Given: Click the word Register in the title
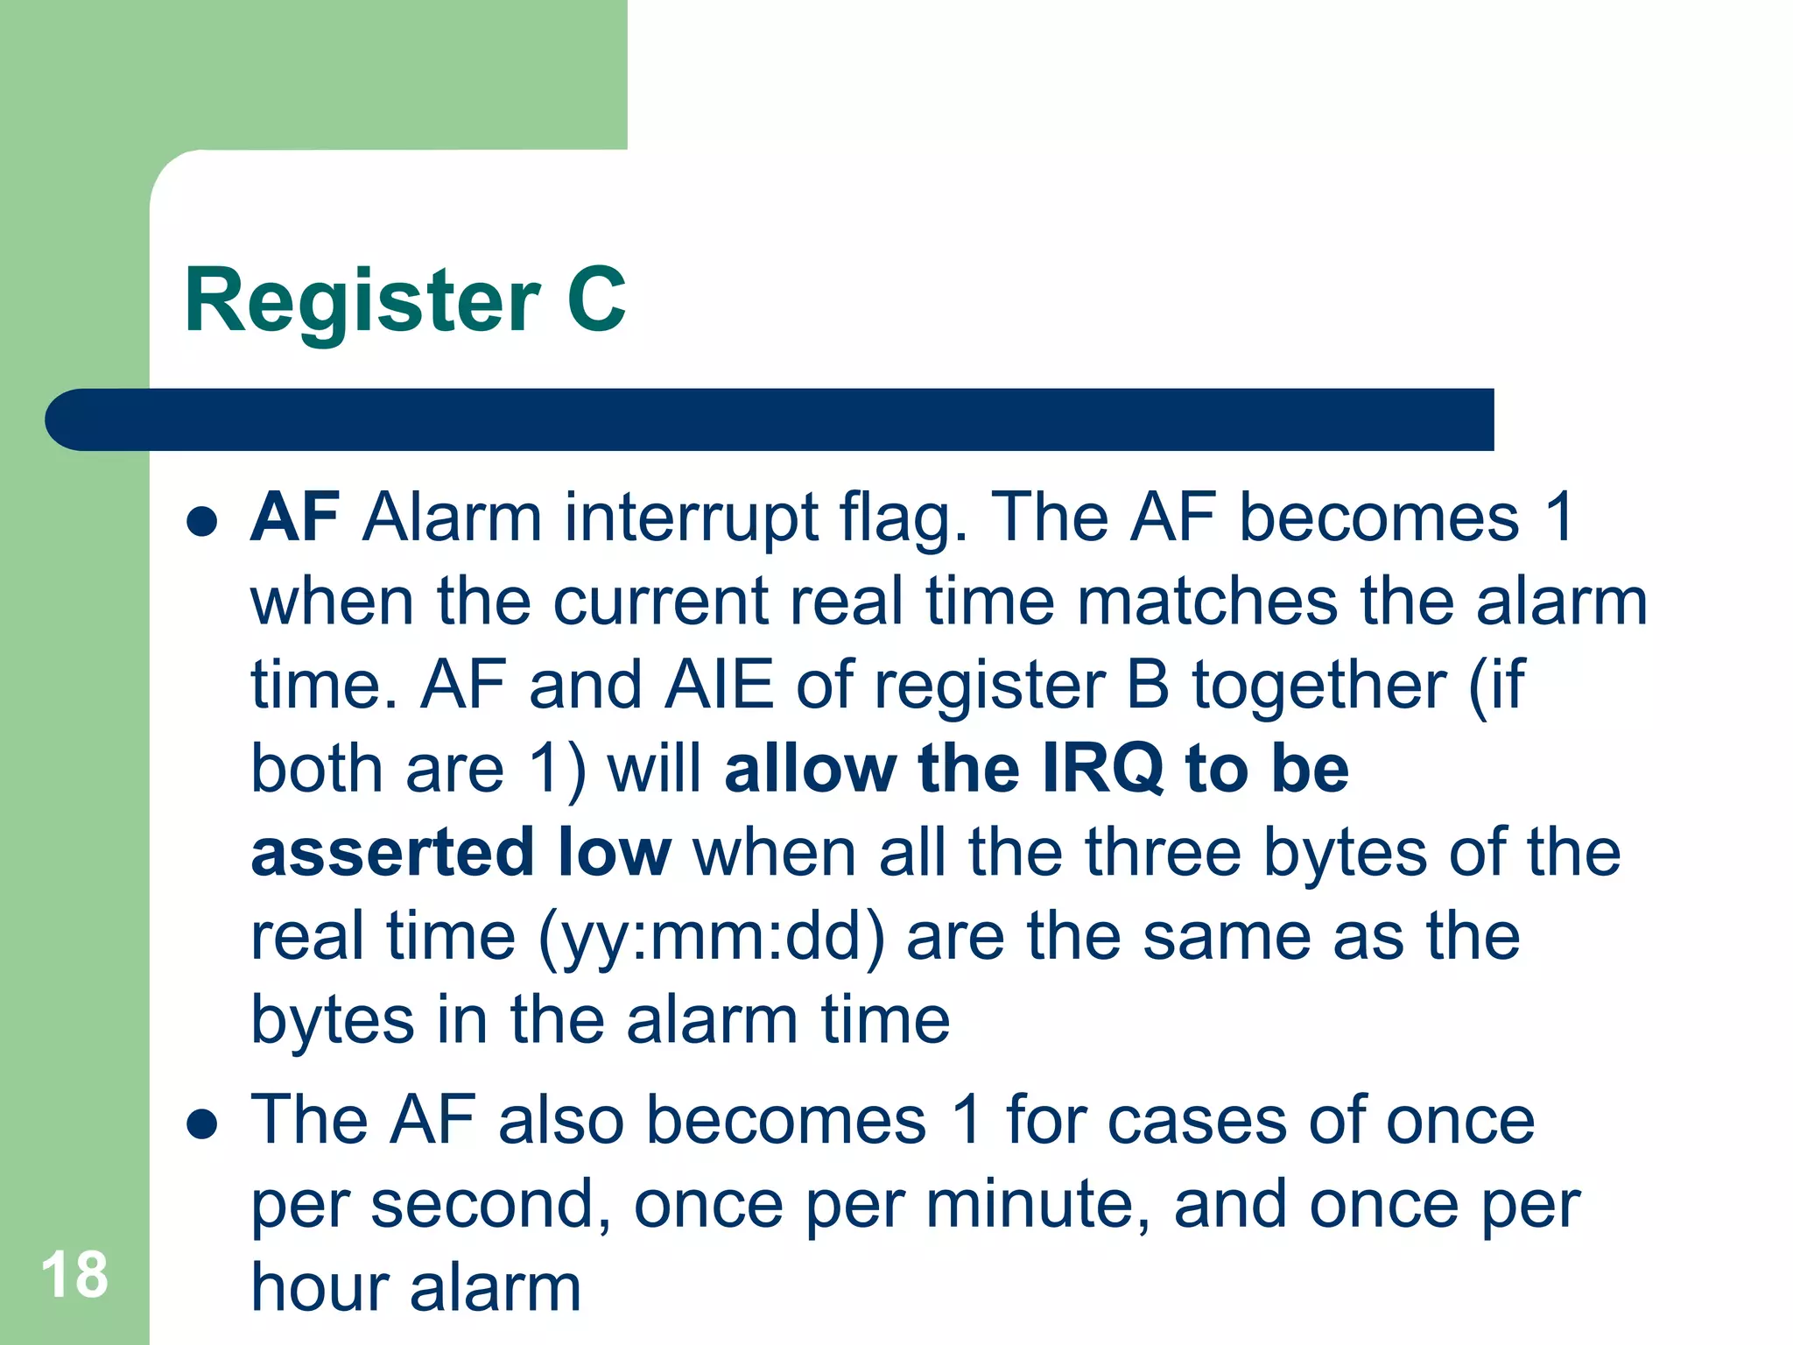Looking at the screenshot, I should click(362, 302).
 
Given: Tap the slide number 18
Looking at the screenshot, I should click(74, 1275).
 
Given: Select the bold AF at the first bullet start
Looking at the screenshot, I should click(295, 518).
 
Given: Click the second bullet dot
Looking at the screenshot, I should click(202, 1123).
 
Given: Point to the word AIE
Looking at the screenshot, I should click(719, 685).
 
